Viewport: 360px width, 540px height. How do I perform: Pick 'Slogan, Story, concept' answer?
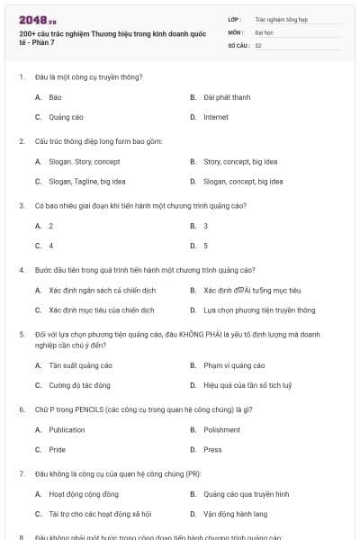(x=84, y=162)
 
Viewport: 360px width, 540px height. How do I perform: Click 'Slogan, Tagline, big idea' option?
(x=86, y=182)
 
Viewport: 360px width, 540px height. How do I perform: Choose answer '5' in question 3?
(x=206, y=245)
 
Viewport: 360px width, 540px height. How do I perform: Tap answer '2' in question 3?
(x=51, y=225)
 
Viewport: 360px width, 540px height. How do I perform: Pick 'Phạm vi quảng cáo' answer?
(x=234, y=365)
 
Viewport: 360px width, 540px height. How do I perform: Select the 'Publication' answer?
(x=67, y=430)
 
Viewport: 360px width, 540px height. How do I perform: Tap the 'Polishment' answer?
(x=221, y=430)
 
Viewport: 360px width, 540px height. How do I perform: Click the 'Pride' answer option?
(x=57, y=449)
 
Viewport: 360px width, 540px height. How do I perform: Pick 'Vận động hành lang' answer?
(x=236, y=514)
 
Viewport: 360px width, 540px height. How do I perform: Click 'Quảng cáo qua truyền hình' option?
(x=246, y=494)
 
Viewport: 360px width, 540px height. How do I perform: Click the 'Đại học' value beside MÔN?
(x=265, y=31)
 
